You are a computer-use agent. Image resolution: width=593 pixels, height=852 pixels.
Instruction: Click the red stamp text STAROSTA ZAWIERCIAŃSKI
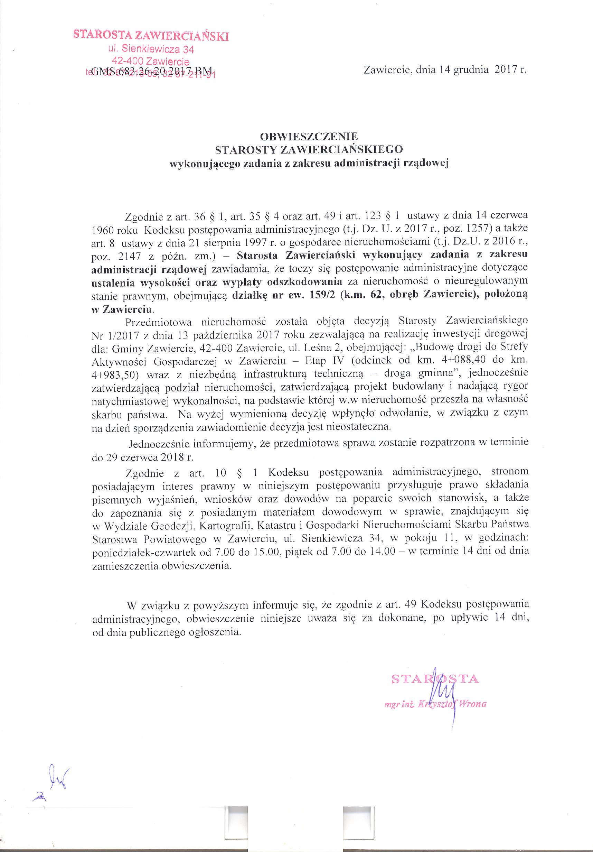pyautogui.click(x=151, y=36)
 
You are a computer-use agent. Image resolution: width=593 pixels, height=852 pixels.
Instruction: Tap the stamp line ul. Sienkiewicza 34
pyautogui.click(x=151, y=49)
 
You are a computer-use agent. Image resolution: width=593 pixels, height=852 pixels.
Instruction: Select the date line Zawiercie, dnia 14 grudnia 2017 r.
pyautogui.click(x=445, y=70)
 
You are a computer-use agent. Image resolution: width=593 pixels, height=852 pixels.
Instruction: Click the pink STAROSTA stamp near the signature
pyautogui.click(x=435, y=679)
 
